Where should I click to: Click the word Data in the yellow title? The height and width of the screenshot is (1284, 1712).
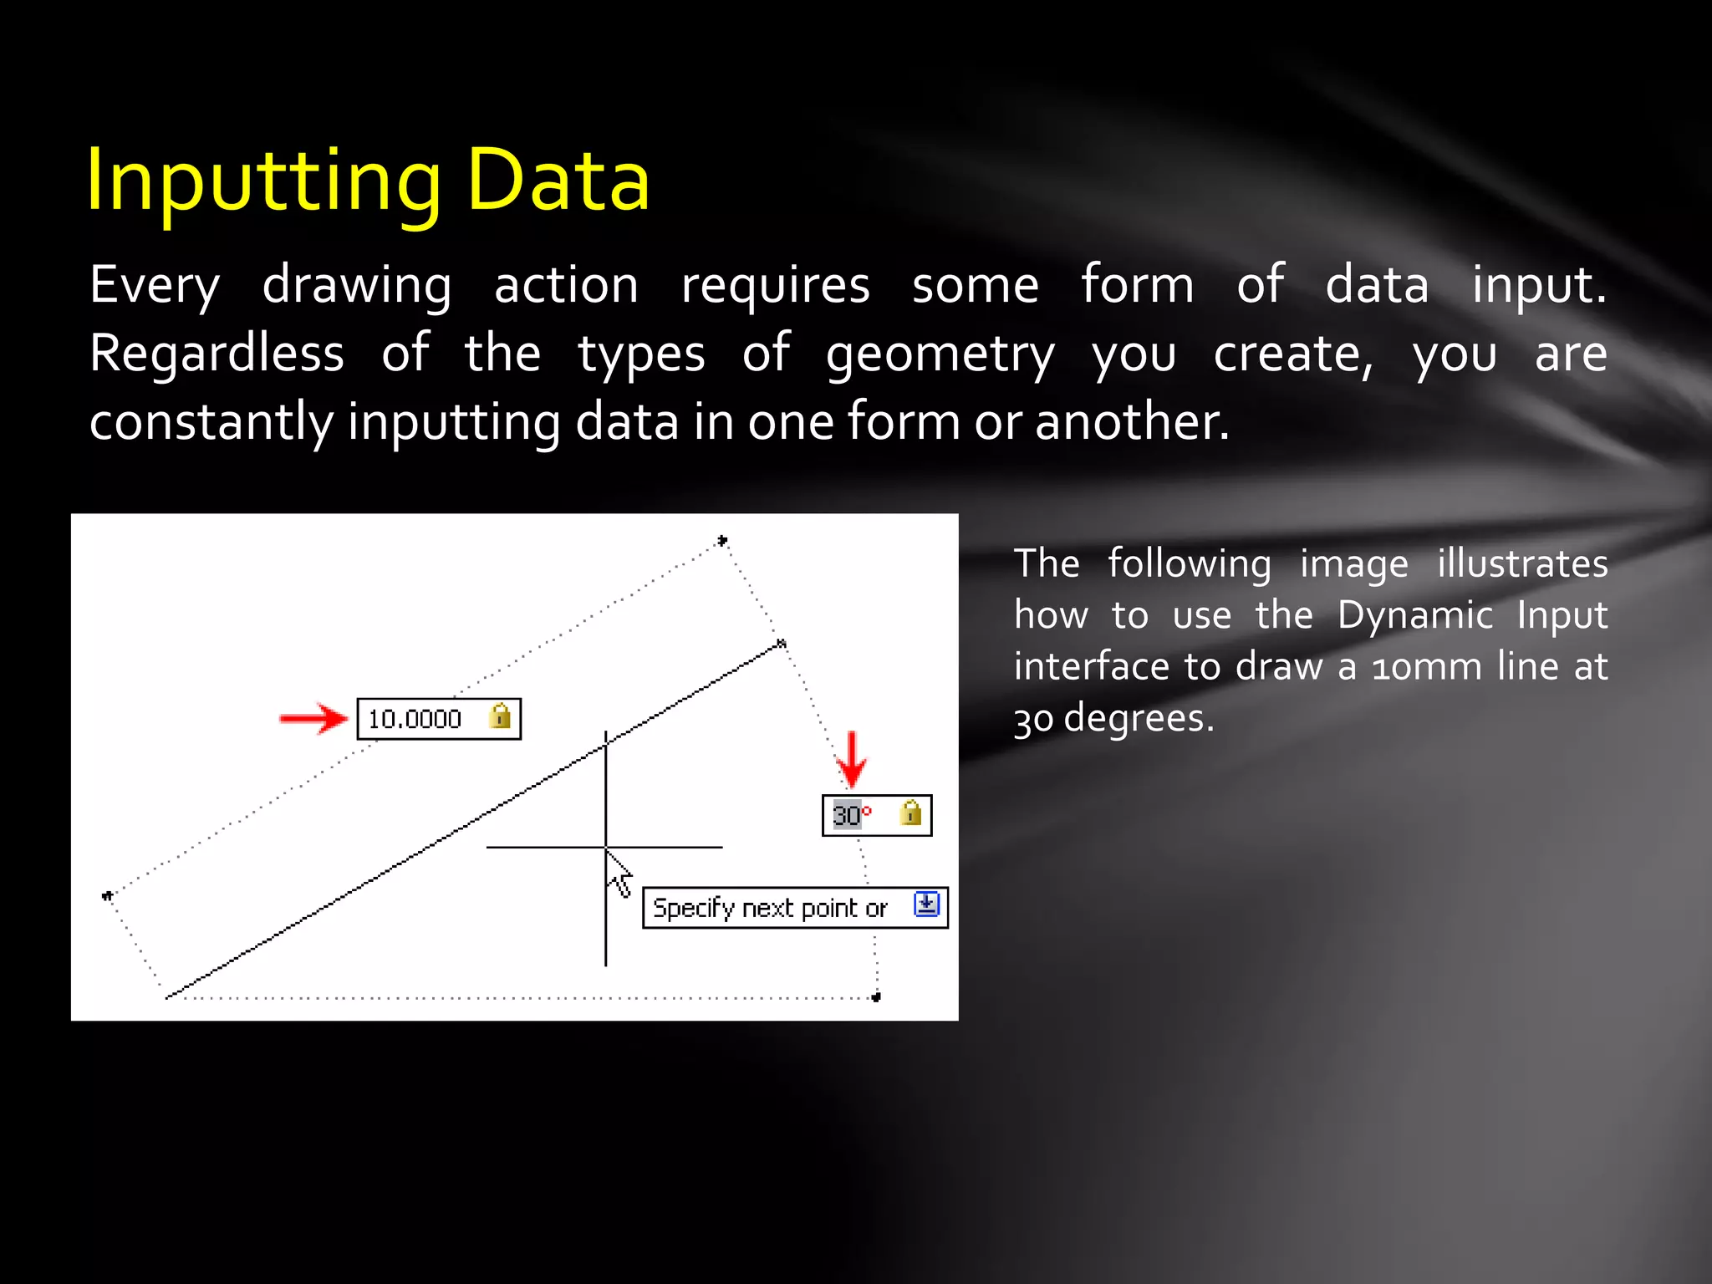coord(558,181)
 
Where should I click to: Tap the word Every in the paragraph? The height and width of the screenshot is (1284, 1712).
coord(155,286)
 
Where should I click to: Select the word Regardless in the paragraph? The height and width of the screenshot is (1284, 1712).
coord(217,354)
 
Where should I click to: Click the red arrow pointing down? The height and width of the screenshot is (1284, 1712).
coord(851,759)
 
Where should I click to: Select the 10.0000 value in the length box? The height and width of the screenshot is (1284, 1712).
coord(415,719)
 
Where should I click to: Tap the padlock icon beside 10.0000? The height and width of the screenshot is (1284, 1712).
coord(500,716)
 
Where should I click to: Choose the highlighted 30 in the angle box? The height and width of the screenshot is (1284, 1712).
coord(846,815)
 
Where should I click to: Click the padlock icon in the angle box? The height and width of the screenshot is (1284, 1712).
coord(910,813)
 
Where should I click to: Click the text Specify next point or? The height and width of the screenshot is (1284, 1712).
coord(769,908)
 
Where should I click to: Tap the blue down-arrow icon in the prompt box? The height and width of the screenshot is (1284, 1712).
coord(926,904)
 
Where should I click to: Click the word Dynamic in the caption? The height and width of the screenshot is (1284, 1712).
coord(1414,616)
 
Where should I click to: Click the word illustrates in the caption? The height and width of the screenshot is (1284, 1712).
coord(1522,564)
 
